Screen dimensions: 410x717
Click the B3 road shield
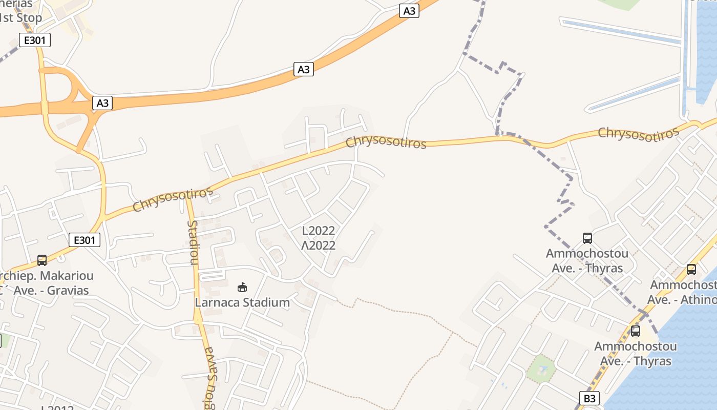[x=589, y=398]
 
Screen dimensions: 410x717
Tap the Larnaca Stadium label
[x=242, y=302]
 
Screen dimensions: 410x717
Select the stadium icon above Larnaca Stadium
[x=243, y=287]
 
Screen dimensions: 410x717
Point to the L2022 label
[x=319, y=231]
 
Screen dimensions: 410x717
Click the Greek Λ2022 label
[x=319, y=245]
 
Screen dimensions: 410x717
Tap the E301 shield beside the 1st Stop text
[x=35, y=40]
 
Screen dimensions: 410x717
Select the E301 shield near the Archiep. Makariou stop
[x=85, y=240]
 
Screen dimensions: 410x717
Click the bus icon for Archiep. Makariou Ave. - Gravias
[x=42, y=260]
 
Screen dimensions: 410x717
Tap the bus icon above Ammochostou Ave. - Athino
[x=691, y=270]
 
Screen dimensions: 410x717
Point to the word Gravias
[x=68, y=291]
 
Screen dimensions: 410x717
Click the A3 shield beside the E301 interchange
[x=103, y=103]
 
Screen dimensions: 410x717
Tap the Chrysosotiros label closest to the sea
[x=639, y=133]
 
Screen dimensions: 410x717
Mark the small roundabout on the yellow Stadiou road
[x=198, y=320]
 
